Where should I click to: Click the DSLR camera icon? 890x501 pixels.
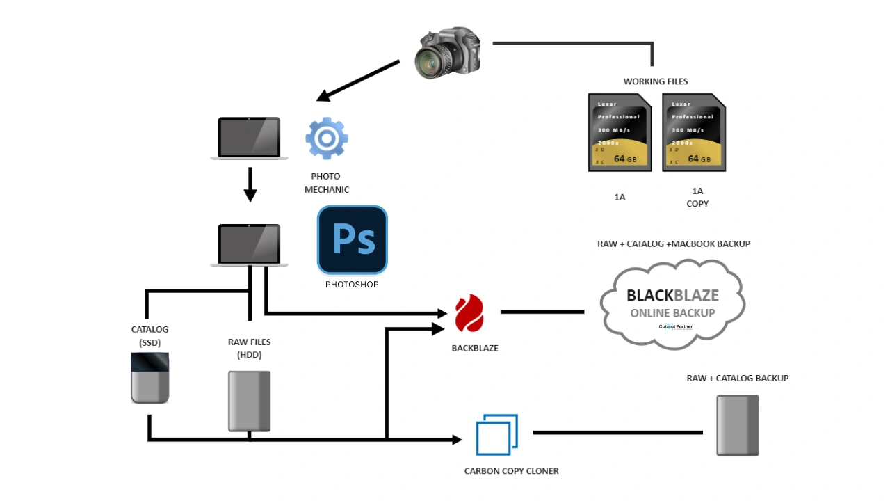pos(448,54)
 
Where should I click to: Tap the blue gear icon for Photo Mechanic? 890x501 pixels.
pos(326,138)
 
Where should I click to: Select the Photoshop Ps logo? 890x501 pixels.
pos(353,239)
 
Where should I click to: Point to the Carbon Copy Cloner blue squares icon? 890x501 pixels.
pos(496,435)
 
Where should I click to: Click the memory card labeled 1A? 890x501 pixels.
pos(620,133)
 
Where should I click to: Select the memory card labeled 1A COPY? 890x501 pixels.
pos(694,133)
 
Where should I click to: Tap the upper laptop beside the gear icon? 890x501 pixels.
pos(250,138)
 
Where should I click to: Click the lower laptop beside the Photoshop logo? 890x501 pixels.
pos(250,245)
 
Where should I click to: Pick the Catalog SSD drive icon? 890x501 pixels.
pos(149,378)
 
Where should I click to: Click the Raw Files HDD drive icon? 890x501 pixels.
pos(250,401)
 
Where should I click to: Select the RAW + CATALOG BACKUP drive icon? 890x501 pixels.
pos(738,425)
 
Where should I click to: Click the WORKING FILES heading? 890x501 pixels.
pos(655,81)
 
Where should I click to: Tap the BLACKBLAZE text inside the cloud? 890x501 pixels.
pos(672,295)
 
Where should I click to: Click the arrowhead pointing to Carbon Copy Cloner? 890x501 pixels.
pos(457,440)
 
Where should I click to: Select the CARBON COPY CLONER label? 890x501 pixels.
pos(511,471)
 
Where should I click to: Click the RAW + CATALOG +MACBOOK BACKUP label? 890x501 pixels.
pos(673,244)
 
